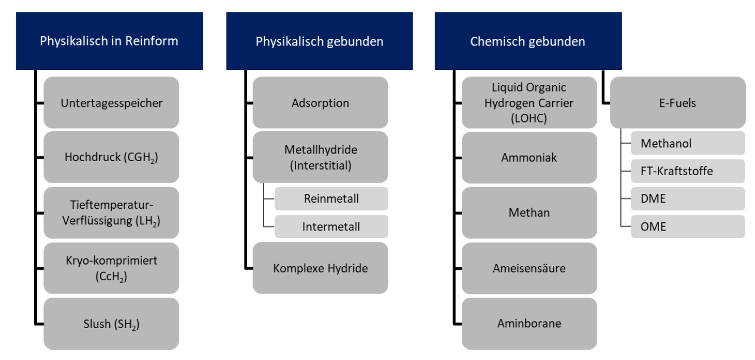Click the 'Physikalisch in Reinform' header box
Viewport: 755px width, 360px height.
109,41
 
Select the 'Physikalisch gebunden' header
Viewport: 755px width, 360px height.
320,41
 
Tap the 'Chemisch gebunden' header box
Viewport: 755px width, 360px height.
528,41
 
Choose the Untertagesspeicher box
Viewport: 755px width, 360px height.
111,102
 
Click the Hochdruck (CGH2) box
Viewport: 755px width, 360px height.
111,157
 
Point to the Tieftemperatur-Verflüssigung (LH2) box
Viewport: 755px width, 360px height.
111,213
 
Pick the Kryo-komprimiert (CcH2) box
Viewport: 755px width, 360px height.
111,268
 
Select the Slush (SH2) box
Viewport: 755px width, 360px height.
111,324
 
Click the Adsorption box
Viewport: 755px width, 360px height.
320,102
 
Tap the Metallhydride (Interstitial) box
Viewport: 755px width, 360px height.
320,157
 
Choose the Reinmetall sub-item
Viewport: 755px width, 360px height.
331,198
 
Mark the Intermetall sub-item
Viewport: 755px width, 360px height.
331,227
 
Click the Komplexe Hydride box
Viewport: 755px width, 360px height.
320,268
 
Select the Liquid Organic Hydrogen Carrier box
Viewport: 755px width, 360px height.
529,102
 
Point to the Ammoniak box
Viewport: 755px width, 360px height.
529,157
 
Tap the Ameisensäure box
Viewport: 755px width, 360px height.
529,268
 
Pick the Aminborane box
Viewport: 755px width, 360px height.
529,324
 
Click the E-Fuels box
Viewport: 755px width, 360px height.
678,102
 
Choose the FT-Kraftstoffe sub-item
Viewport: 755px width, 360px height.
688,171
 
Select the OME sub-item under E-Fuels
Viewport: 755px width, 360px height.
688,227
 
